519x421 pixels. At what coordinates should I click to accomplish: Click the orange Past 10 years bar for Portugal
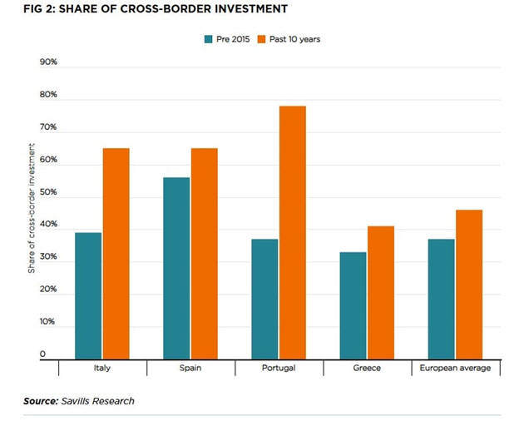293,233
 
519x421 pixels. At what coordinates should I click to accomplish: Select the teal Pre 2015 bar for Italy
87,296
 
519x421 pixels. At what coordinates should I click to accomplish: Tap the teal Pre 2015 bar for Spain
176,269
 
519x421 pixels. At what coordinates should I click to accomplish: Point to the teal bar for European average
441,300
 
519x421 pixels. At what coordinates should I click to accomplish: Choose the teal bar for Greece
352,305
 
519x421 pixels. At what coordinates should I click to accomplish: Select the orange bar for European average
469,285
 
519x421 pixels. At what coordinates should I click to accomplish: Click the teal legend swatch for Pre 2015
208,38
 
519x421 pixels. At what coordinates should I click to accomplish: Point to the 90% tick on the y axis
48,62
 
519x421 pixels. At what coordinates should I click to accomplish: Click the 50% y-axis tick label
48,192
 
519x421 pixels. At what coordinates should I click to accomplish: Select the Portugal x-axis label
279,368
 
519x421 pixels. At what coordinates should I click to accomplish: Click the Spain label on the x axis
190,368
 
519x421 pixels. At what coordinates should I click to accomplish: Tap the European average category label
455,368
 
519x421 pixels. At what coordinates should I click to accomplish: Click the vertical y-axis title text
31,209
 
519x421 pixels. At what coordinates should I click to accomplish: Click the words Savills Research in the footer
98,401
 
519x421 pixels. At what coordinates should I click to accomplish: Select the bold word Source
42,401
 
